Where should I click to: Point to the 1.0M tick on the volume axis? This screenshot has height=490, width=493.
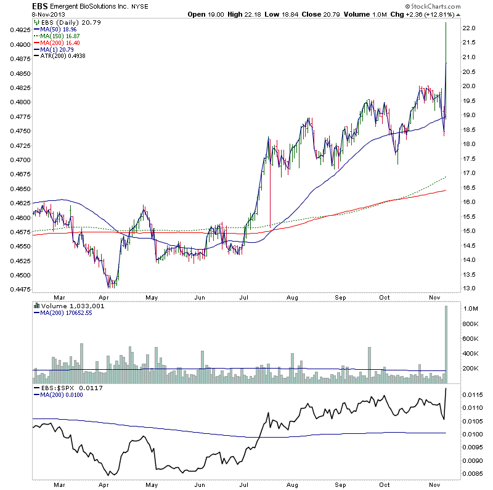[471, 309]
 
